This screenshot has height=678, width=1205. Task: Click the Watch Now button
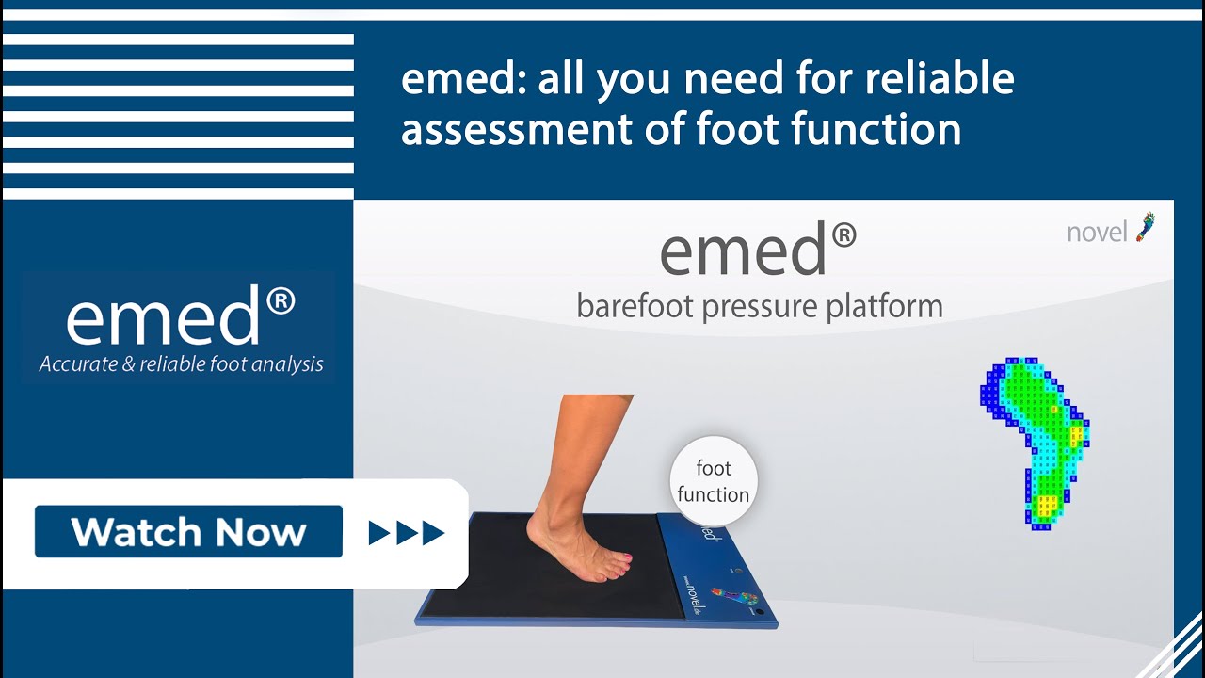(x=188, y=532)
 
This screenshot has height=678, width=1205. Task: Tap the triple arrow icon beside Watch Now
(x=406, y=534)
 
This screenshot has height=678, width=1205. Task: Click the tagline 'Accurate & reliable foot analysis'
(x=181, y=364)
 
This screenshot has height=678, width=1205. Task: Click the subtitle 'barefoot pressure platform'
(x=759, y=306)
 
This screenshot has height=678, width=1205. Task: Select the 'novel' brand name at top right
(x=1097, y=233)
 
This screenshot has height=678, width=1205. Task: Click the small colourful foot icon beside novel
(x=1146, y=227)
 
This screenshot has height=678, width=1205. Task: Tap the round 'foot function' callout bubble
(x=713, y=481)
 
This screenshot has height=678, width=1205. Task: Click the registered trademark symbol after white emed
(x=281, y=301)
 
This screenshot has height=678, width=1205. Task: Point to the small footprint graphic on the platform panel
(x=734, y=597)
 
